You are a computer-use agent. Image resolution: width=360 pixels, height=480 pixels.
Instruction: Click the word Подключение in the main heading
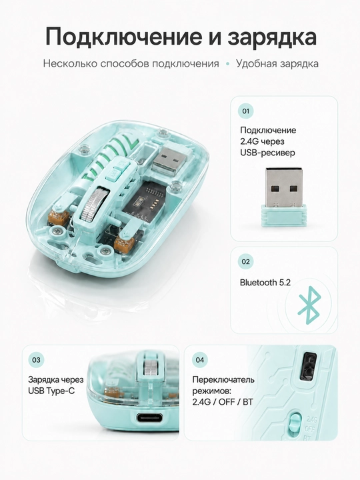tap(124, 37)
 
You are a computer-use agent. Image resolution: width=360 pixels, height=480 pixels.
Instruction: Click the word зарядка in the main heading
tap(272, 38)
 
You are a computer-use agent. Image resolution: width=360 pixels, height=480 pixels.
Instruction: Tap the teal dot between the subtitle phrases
tap(227, 64)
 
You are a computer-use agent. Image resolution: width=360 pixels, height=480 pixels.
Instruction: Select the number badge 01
tap(246, 111)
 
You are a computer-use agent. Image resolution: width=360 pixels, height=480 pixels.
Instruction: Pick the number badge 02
tap(246, 262)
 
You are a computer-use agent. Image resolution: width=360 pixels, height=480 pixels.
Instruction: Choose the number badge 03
tap(36, 360)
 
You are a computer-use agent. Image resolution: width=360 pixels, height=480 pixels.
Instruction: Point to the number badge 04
tap(200, 360)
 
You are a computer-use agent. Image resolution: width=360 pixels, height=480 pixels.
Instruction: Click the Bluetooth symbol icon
tap(309, 305)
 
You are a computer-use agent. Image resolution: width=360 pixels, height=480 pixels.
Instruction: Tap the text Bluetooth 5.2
tap(265, 283)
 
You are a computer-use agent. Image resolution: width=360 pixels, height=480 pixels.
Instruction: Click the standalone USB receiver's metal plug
tap(285, 186)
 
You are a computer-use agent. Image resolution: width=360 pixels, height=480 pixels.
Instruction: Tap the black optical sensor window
tap(309, 366)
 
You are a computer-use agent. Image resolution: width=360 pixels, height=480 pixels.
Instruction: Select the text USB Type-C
tap(51, 391)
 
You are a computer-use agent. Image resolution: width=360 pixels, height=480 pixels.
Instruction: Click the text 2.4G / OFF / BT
tap(223, 402)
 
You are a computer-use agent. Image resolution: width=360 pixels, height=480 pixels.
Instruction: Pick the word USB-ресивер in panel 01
tap(267, 153)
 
